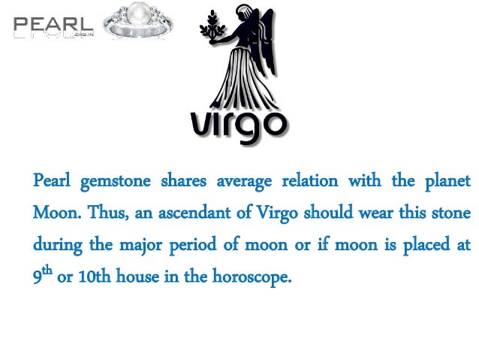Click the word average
242,182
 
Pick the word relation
311,181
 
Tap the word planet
447,181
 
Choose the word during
55,245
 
